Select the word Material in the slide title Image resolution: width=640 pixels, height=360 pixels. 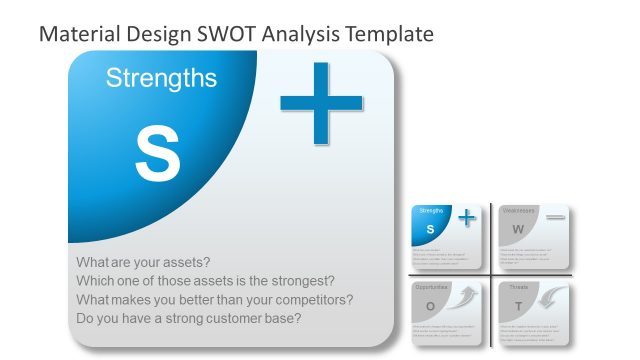pos(79,33)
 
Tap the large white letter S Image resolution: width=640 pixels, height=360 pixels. pos(157,154)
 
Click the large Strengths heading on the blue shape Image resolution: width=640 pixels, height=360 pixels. pos(161,78)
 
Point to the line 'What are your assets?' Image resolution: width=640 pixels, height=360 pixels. pos(143,262)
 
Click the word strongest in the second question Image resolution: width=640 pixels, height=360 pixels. pos(297,281)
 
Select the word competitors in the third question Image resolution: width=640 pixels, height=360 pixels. pos(312,300)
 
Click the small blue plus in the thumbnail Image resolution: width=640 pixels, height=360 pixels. pos(466,218)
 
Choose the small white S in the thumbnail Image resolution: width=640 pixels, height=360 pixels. pos(430,230)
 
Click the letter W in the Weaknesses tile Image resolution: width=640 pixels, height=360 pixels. pos(517,230)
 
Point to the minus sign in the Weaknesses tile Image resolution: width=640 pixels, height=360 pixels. pos(555,217)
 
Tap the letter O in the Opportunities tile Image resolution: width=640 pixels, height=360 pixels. pos(430,306)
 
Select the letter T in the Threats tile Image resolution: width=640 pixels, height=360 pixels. pos(517,306)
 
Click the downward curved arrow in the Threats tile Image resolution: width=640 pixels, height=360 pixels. pos(553,297)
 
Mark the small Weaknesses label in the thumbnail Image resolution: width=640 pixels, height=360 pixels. pos(518,211)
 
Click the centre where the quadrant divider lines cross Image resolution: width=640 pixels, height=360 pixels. pos(491,274)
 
